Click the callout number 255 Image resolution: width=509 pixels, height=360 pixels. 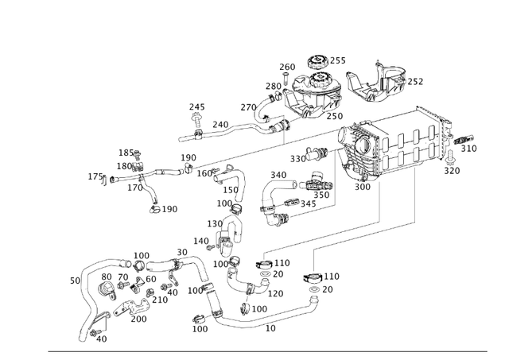click(338, 60)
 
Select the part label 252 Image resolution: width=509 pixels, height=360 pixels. click(415, 81)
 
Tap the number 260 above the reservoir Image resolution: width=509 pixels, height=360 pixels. click(287, 68)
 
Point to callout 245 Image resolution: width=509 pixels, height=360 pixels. click(196, 107)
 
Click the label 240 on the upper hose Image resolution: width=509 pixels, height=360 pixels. click(220, 125)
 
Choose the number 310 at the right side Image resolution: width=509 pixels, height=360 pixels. click(469, 149)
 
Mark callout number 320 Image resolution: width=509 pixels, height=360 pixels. click(452, 171)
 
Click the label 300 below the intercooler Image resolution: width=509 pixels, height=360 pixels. click(362, 188)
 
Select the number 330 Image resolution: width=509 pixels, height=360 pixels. click(297, 159)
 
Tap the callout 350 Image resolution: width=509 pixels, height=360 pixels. click(321, 195)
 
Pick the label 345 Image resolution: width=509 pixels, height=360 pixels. click(308, 204)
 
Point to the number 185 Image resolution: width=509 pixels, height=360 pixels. click(126, 153)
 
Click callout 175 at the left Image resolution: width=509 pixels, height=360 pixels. click(95, 176)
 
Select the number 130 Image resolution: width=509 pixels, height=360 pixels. click(215, 224)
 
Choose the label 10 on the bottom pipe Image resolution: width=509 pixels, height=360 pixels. click(270, 327)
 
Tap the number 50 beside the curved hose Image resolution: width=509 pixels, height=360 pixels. click(75, 281)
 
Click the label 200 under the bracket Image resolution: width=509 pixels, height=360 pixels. click(138, 319)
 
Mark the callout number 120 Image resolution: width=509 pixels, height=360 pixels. click(275, 293)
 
